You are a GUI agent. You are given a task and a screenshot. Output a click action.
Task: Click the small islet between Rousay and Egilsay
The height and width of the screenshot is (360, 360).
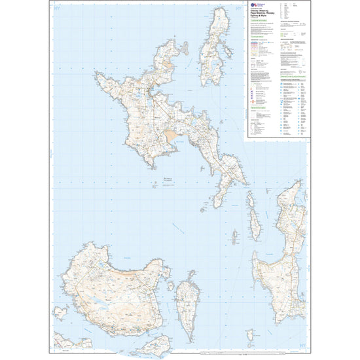[x=171, y=286]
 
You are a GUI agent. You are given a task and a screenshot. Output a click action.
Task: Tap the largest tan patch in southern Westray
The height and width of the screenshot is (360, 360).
[x=169, y=138]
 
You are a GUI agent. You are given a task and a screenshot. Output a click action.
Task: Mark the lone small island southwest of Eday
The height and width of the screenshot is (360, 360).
[x=234, y=236]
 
